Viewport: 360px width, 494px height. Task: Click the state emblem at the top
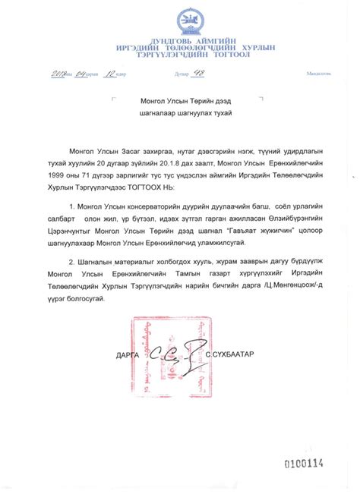point(180,20)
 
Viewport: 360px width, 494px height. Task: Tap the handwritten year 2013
point(62,73)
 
